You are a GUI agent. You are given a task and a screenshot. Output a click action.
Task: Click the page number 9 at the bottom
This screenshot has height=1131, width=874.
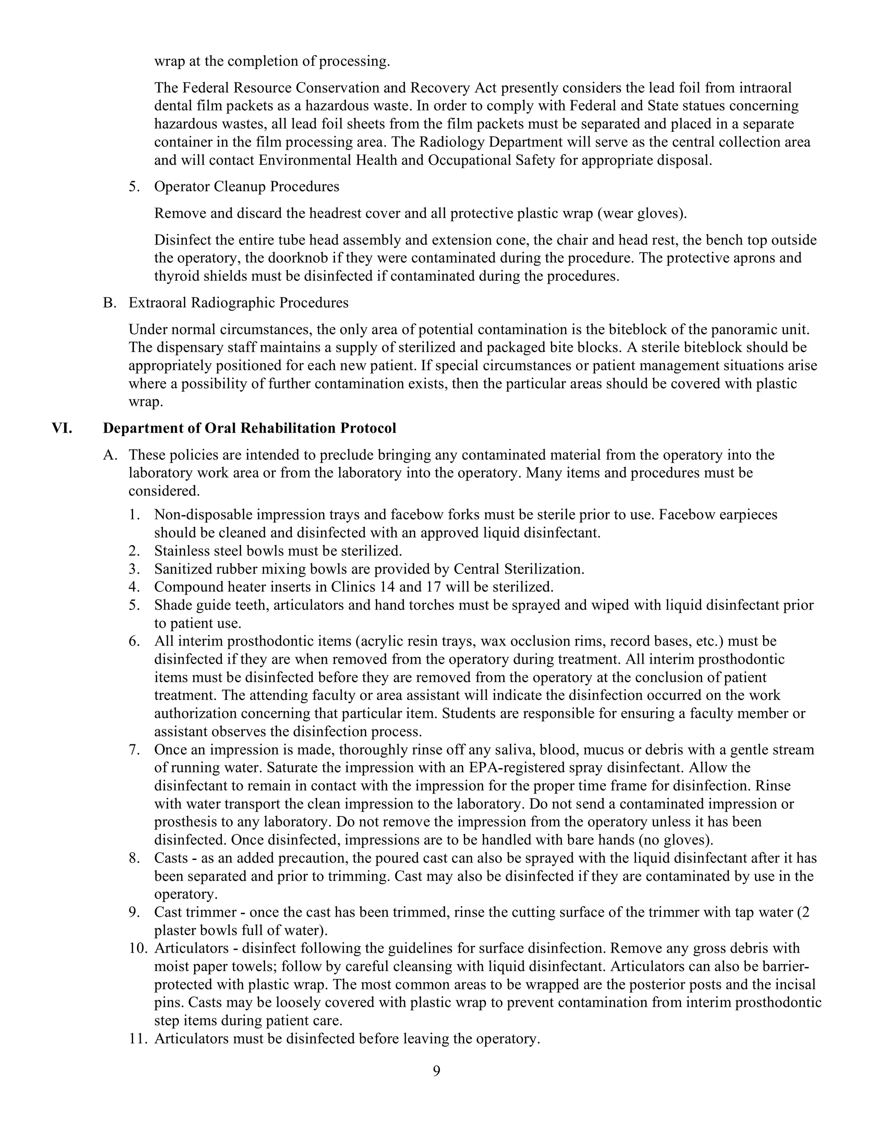point(437,1071)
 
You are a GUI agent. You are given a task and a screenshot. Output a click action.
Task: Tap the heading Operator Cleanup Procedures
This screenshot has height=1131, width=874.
point(247,187)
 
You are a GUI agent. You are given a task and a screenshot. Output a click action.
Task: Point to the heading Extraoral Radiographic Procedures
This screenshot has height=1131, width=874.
point(238,303)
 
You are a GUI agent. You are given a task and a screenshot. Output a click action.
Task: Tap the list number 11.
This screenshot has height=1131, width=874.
point(138,1039)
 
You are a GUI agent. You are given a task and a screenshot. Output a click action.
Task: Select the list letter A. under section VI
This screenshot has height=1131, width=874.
point(110,455)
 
